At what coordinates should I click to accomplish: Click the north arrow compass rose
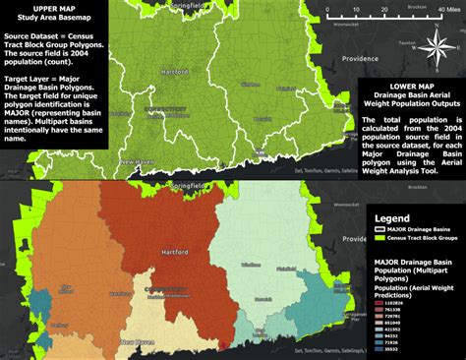[436, 43]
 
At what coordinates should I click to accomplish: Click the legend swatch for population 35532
[379, 348]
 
